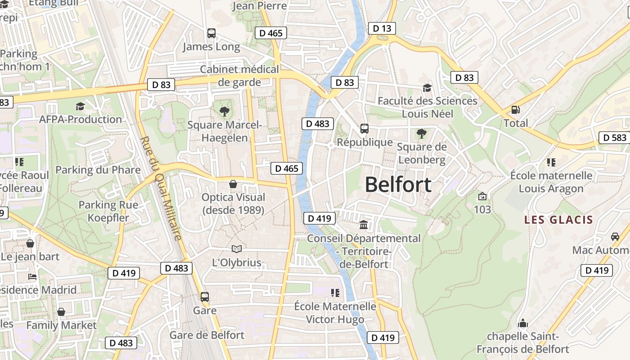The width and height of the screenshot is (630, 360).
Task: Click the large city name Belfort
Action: [398, 184]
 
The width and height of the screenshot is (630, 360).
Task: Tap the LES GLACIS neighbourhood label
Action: [558, 220]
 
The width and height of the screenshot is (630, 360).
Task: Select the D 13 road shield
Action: [382, 28]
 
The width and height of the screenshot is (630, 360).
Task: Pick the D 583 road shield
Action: [615, 138]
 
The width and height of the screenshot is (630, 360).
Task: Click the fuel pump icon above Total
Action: [515, 110]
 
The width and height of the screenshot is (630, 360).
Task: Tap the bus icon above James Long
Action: [211, 33]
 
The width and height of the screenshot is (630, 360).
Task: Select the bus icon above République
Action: [364, 129]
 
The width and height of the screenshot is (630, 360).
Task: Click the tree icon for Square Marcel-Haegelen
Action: [224, 111]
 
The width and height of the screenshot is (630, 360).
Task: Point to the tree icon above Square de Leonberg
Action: [422, 133]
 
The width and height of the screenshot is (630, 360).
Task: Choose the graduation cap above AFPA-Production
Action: [81, 106]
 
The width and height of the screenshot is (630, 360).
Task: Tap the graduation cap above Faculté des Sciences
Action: [427, 87]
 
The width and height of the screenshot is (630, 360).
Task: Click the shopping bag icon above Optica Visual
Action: [233, 184]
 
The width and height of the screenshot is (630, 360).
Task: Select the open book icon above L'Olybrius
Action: [237, 249]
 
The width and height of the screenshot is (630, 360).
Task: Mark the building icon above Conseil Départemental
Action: [364, 225]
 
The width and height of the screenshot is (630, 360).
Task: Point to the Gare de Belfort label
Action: [207, 335]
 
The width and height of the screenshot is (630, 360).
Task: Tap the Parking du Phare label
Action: [98, 170]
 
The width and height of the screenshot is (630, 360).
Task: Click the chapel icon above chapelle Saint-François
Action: [523, 323]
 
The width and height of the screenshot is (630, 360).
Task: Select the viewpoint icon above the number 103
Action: [482, 196]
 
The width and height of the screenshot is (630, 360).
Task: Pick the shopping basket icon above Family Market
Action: [61, 312]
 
